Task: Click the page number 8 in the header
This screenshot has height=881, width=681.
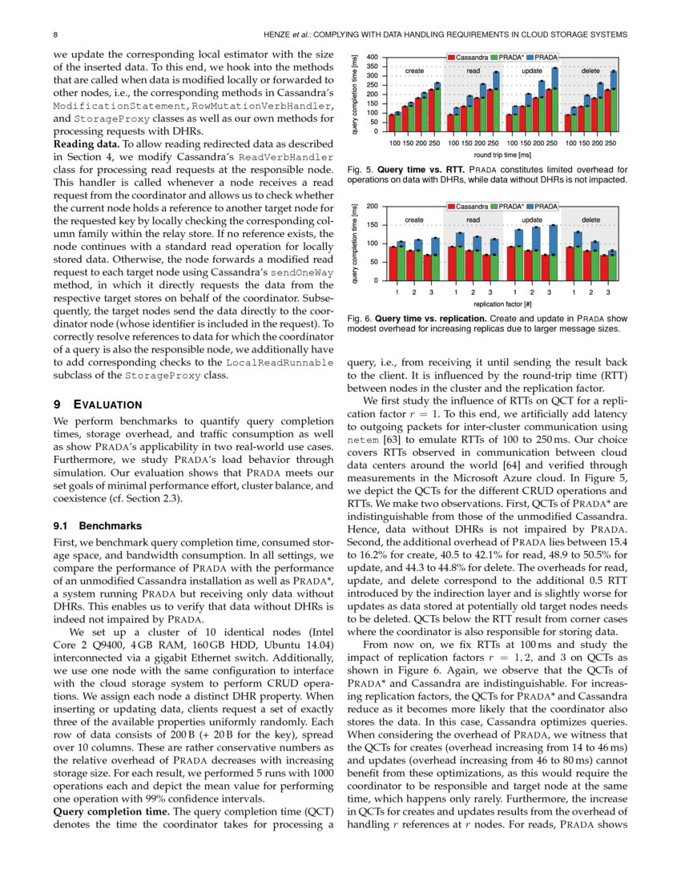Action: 54,34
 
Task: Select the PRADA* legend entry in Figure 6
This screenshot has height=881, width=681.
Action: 506,207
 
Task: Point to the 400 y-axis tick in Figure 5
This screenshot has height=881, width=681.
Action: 373,58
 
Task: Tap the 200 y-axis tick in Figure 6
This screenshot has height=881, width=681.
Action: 373,207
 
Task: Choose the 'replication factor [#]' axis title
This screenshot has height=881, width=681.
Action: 502,304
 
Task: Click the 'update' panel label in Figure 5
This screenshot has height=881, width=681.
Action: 532,70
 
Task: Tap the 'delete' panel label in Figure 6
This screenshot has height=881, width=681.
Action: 590,219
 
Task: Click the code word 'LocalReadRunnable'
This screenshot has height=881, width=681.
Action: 280,364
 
